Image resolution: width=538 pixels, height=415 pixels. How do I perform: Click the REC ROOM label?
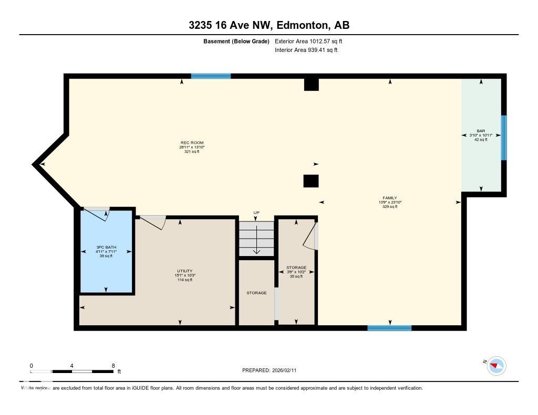[192, 143]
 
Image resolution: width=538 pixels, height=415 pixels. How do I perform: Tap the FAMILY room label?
[390, 198]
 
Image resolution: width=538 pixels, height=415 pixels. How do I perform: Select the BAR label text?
[481, 131]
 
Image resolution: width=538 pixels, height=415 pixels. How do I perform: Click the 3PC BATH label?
[106, 247]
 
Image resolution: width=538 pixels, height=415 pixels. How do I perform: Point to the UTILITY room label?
[184, 271]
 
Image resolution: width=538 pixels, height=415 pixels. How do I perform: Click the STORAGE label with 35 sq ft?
[296, 267]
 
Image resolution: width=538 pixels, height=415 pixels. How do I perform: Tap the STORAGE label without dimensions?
[256, 293]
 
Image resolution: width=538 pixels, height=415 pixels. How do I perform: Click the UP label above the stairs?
[256, 213]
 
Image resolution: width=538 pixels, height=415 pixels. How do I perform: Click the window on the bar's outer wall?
[504, 138]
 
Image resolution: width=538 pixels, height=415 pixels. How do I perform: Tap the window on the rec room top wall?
[211, 76]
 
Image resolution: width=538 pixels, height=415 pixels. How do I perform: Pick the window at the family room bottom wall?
[389, 328]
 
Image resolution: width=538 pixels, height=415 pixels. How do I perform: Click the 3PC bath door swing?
[97, 213]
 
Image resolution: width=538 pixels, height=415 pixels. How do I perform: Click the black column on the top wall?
[312, 84]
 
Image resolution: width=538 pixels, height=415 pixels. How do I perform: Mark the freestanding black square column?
[311, 181]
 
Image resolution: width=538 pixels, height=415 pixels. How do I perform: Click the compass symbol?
[496, 366]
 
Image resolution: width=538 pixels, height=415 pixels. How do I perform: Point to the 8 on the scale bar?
[113, 366]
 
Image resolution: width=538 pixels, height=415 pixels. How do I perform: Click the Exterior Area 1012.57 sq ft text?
[308, 41]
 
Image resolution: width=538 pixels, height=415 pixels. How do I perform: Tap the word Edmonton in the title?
[302, 25]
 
